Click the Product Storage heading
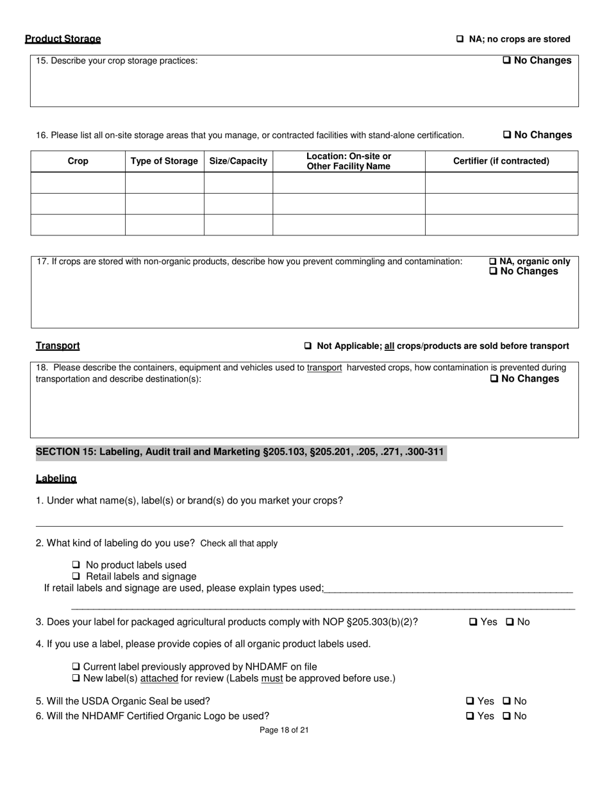[63, 39]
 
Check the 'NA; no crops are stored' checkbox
[460, 39]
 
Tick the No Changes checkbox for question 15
[506, 60]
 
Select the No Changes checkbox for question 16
[506, 135]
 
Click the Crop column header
[78, 161]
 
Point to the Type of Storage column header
[164, 161]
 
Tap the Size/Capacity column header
[238, 161]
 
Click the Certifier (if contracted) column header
[501, 161]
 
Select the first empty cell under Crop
[78, 183]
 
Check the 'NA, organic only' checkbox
[493, 262]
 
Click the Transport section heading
[58, 346]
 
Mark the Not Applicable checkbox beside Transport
[308, 346]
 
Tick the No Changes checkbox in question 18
[494, 378]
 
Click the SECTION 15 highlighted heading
[240, 452]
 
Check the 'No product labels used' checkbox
[76, 565]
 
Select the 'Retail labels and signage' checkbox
[76, 577]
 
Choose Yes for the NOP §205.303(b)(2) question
[473, 622]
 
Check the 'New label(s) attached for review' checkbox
[76, 679]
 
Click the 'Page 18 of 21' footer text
[284, 730]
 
